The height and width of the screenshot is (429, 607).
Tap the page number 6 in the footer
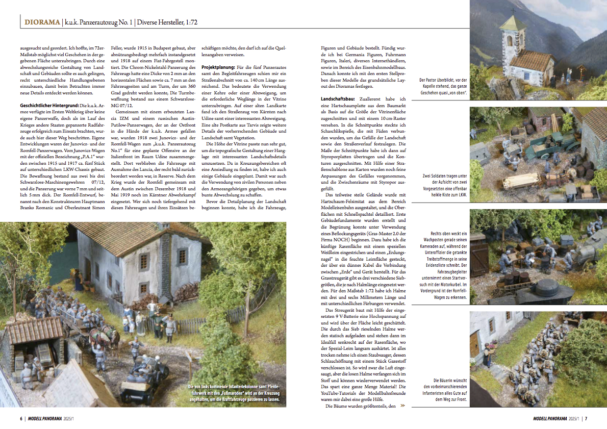(x=20, y=419)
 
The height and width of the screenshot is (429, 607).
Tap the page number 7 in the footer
(x=586, y=419)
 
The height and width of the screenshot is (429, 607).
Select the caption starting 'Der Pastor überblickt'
(x=442, y=86)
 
